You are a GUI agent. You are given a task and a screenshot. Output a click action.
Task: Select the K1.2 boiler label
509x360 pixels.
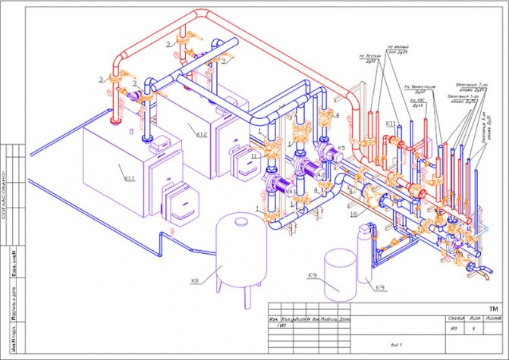(201, 135)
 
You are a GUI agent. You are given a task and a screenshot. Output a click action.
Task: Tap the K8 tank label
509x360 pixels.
(195, 281)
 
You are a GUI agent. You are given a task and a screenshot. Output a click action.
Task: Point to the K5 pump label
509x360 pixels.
(342, 146)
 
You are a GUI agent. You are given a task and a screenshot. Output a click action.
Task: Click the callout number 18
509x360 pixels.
(353, 214)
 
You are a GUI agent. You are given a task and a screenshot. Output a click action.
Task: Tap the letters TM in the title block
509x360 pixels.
(493, 308)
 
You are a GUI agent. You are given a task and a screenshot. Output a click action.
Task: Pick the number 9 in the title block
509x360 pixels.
(474, 329)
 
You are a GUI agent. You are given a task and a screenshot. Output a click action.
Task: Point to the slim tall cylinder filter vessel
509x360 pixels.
(363, 258)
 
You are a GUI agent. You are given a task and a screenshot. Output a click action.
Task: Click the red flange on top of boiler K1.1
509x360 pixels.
(115, 120)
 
